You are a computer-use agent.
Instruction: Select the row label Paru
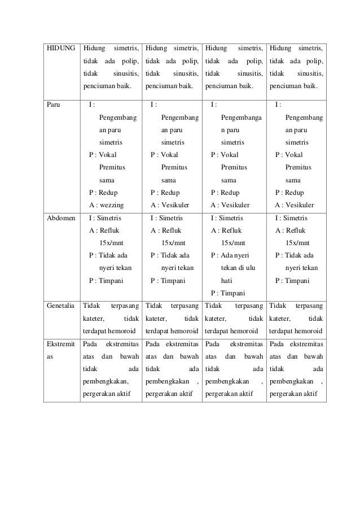[54, 104]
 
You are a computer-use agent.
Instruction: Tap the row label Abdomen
[60, 217]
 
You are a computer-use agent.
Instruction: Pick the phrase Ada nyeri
[235, 255]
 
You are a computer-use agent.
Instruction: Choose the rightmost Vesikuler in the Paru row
[300, 205]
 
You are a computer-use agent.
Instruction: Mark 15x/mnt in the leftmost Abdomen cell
[112, 243]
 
